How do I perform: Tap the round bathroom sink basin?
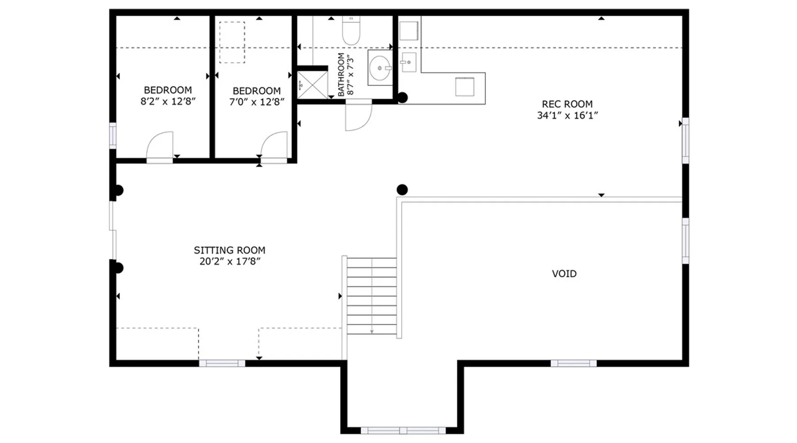point(379,68)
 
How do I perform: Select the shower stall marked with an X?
point(312,85)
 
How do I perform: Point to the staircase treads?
point(371,296)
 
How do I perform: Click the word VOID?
point(564,274)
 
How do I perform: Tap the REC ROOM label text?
point(567,104)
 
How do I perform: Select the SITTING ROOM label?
point(229,250)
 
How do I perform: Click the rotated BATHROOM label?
point(341,74)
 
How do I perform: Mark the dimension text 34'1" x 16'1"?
point(567,116)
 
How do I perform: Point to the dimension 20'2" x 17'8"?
point(229,261)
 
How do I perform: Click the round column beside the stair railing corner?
point(402,190)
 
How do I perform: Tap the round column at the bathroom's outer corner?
point(402,97)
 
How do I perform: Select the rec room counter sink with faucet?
point(408,62)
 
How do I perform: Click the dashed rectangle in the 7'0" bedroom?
point(232,43)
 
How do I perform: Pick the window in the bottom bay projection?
point(403,431)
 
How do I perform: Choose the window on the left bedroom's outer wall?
point(113,136)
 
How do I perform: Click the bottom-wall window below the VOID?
point(573,363)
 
